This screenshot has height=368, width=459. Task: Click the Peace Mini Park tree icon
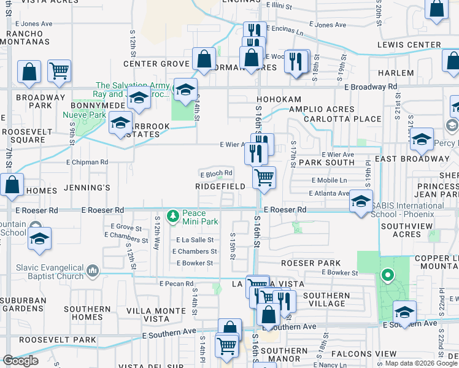pyautogui.click(x=174, y=215)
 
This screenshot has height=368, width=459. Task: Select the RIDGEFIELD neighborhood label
pyautogui.click(x=220, y=186)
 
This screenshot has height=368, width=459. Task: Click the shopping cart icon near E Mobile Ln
pyautogui.click(x=264, y=177)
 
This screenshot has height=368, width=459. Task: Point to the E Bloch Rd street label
pyautogui.click(x=216, y=173)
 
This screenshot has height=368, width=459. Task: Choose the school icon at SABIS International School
pyautogui.click(x=361, y=201)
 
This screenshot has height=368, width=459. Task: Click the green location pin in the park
pyautogui.click(x=387, y=275)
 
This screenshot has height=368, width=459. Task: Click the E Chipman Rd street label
pyautogui.click(x=87, y=162)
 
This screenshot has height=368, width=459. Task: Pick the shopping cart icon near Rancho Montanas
pyautogui.click(x=59, y=71)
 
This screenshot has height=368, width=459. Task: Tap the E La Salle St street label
pyautogui.click(x=195, y=240)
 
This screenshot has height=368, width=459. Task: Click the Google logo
pyautogui.click(x=20, y=361)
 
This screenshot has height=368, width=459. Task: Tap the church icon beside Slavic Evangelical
pyautogui.click(x=92, y=270)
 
